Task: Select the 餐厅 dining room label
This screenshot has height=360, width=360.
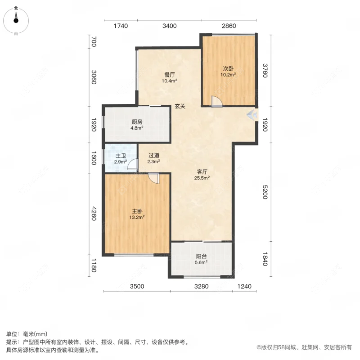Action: coord(169,75)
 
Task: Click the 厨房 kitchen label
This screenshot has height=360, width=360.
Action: coord(137,121)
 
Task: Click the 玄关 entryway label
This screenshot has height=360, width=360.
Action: coord(180,107)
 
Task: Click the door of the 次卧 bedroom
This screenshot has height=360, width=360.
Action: coord(216,102)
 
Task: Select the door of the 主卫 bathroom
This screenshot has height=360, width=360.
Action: coord(132,166)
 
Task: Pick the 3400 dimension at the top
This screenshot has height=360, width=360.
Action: coord(170,26)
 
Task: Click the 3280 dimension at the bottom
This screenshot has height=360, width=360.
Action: coord(201,286)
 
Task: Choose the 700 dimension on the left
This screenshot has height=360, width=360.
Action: coord(94,42)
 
